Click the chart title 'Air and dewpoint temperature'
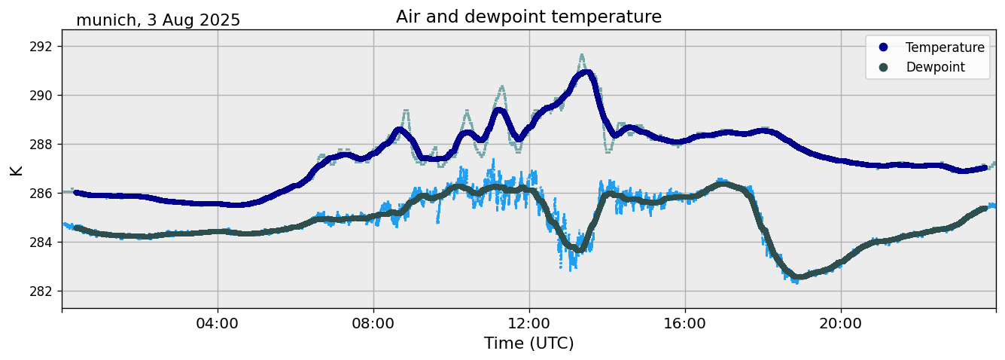(528, 17)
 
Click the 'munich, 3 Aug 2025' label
(158, 20)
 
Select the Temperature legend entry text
(945, 47)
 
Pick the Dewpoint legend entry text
(935, 67)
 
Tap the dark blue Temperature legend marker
(883, 47)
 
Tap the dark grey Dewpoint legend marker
(883, 67)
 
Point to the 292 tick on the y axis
(44, 47)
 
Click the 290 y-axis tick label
(44, 96)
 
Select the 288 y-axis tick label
(44, 145)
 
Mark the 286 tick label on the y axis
(44, 194)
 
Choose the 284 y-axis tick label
(44, 243)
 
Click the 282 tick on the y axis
(44, 291)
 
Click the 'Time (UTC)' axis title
(528, 343)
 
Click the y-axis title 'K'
(16, 169)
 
